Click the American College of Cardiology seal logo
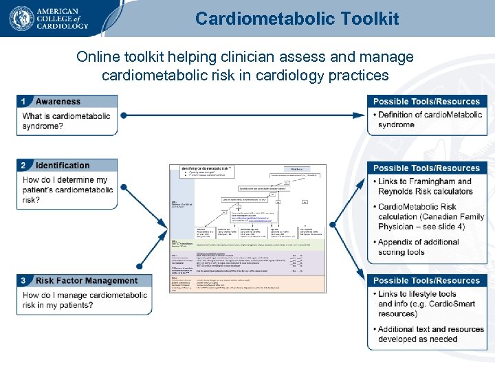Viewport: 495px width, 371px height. pyautogui.click(x=22, y=19)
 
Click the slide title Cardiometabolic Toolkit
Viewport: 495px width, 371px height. pyautogui.click(x=296, y=19)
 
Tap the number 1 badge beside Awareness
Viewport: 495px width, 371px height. pyautogui.click(x=25, y=102)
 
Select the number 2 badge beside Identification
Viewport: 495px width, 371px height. pyautogui.click(x=25, y=166)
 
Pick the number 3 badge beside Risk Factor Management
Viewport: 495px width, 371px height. pyautogui.click(x=25, y=280)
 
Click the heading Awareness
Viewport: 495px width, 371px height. pyautogui.click(x=58, y=102)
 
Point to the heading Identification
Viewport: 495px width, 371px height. pyautogui.click(x=63, y=166)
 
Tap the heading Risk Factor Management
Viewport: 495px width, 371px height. pyautogui.click(x=87, y=280)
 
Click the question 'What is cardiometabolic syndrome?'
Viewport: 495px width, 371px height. pyautogui.click(x=66, y=121)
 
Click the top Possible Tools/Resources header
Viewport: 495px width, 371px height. pyautogui.click(x=426, y=102)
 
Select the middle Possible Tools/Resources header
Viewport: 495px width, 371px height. pyautogui.click(x=426, y=168)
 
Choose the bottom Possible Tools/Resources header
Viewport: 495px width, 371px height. pyautogui.click(x=426, y=280)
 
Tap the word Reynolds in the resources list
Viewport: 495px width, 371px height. pyautogui.click(x=397, y=192)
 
